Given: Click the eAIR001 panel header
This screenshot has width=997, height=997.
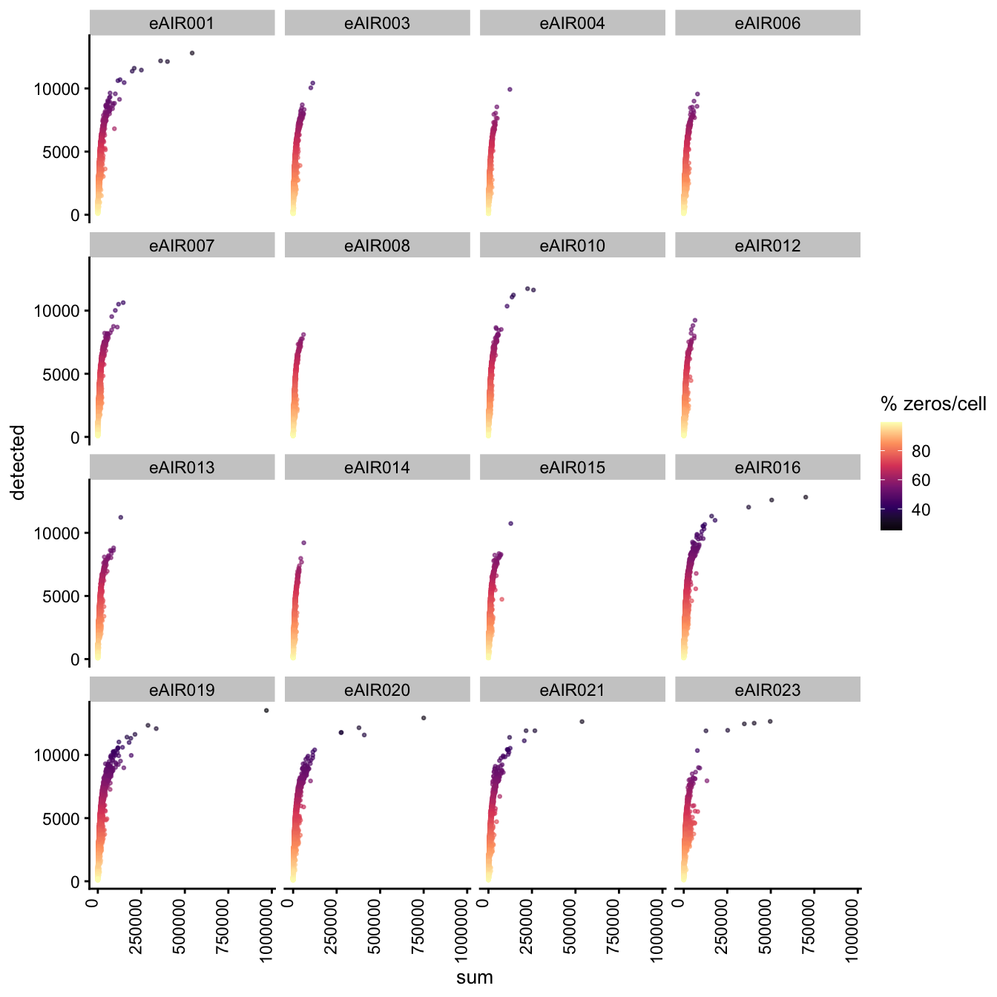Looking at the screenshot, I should (182, 23).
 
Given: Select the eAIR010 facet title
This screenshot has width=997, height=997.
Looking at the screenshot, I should (572, 246).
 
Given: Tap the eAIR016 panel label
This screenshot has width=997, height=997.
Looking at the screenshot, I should (768, 467).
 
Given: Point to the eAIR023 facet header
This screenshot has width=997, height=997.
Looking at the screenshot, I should (768, 690).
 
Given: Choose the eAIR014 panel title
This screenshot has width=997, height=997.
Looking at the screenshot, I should (377, 467).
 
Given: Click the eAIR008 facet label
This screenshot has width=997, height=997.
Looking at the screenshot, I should (377, 246).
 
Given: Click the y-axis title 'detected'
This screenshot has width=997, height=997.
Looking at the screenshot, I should (19, 462).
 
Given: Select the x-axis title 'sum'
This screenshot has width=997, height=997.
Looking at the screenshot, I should (475, 977).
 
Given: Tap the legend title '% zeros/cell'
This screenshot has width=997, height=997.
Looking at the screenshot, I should (933, 404).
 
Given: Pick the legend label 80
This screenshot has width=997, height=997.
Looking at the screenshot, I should (921, 451).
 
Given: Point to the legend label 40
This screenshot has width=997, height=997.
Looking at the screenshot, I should (921, 510).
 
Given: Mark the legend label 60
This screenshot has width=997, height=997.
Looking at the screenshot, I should (921, 480).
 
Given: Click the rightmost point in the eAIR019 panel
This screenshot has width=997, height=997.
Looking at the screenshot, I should (266, 711).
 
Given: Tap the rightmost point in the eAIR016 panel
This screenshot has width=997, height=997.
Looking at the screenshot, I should (806, 497).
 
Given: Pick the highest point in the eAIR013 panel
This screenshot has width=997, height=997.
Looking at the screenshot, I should (121, 517).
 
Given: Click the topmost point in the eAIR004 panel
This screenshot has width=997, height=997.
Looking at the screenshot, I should (510, 89).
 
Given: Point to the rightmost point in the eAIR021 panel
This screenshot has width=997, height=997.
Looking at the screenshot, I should (582, 722).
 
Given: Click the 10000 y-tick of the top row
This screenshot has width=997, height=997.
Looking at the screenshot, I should (57, 89).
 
